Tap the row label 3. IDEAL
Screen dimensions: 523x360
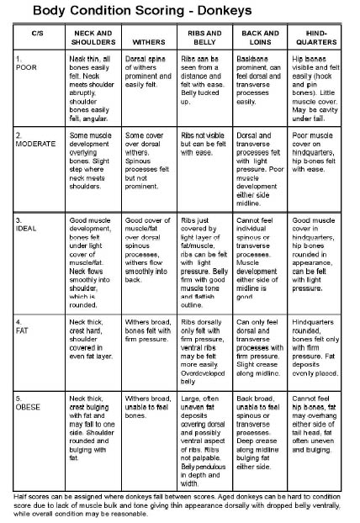pos(29,222)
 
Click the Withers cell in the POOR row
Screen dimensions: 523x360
pos(147,80)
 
